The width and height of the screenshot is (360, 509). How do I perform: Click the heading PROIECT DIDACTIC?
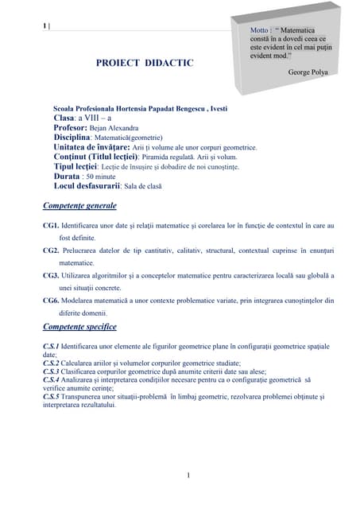[x=145, y=62]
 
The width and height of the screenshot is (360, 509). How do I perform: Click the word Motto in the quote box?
[x=261, y=30]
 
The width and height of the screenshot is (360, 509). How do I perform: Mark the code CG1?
[x=51, y=227]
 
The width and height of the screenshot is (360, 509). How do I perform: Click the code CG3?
[x=51, y=275]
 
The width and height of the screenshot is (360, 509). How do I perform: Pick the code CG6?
[x=51, y=301]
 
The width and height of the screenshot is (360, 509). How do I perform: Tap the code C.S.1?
[x=52, y=347]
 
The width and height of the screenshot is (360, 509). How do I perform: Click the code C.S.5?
[x=52, y=396]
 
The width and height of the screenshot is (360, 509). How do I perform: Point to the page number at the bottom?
[x=188, y=476]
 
